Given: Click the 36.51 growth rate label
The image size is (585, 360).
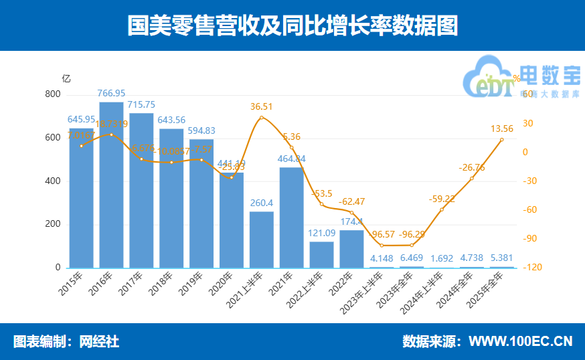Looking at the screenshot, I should [262, 106].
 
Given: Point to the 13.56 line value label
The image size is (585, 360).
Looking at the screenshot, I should [502, 128].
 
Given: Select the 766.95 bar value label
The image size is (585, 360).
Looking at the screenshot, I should [111, 93].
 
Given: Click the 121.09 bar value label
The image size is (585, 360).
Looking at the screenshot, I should [321, 233].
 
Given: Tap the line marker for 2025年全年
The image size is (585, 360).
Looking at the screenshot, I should [501, 140].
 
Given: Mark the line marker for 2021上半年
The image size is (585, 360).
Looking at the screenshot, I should [262, 118].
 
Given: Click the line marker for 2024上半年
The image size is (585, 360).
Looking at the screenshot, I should [442, 209].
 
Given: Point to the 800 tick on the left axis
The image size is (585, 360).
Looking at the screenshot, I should [52, 94].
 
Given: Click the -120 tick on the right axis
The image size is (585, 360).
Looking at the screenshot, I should [529, 268].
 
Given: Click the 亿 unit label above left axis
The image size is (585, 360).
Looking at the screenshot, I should [66, 78].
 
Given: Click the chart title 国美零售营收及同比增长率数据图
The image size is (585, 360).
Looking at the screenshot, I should [292, 25].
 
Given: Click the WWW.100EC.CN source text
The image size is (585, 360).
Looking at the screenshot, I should [520, 341].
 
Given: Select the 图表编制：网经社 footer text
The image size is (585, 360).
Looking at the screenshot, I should [66, 341].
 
